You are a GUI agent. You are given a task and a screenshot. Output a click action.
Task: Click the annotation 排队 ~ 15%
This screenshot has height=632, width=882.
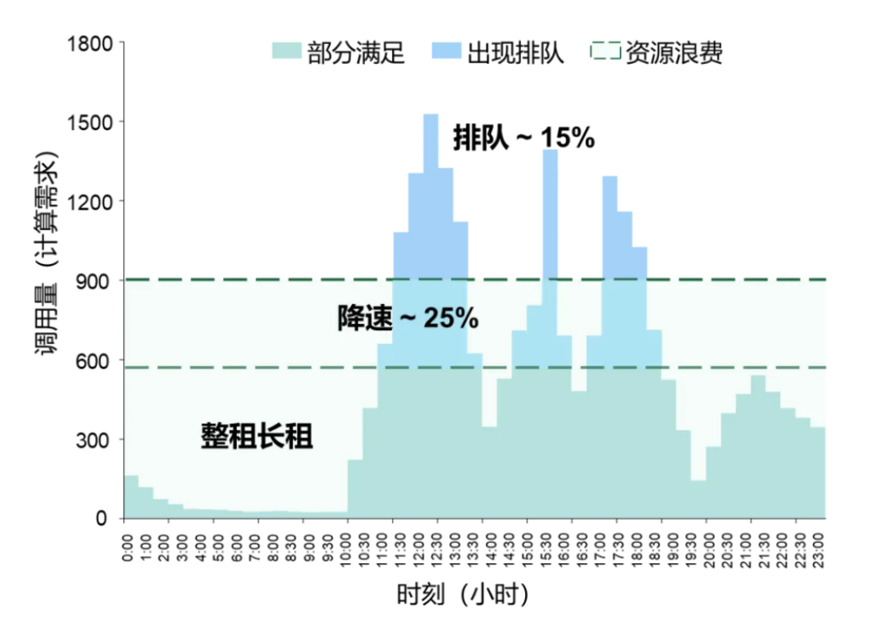pos(523,139)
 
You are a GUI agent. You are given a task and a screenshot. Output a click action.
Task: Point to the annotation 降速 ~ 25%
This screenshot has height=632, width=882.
pos(408,318)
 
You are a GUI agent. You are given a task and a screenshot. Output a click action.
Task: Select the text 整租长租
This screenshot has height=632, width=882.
pos(257,436)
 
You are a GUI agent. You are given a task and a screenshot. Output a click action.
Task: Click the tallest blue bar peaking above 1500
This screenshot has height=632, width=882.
pos(430,196)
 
